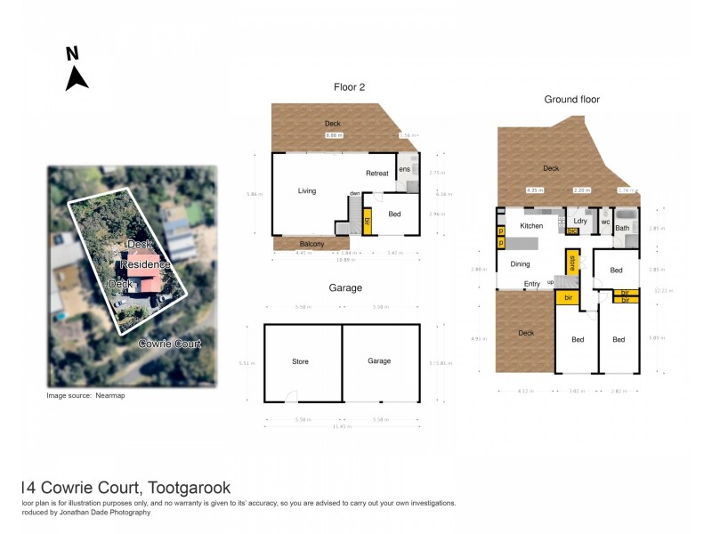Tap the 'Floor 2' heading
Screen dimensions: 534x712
349,87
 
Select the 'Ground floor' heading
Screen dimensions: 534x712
571,100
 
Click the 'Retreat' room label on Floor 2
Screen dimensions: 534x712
378,173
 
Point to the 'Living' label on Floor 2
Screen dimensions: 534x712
307,190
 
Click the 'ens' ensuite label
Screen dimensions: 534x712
404,169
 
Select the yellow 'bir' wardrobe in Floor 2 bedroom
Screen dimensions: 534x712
366,222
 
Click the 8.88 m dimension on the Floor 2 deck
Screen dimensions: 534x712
333,135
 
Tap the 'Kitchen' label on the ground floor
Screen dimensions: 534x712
531,226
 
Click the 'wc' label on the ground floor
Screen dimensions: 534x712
604,222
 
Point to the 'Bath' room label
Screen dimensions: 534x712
622,228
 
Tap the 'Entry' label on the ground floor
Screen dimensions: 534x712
532,284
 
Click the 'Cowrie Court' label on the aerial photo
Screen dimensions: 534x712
168,343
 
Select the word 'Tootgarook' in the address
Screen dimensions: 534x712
190,488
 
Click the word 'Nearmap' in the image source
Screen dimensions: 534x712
110,395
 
